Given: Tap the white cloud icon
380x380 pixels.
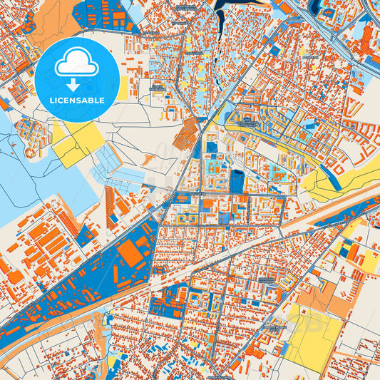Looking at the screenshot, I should click(78, 63).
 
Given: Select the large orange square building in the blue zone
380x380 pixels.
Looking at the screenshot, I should click(131, 253).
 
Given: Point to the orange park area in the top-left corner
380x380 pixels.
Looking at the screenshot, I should click(53, 21).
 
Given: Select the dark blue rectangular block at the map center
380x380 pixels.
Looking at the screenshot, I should click(237, 181).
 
